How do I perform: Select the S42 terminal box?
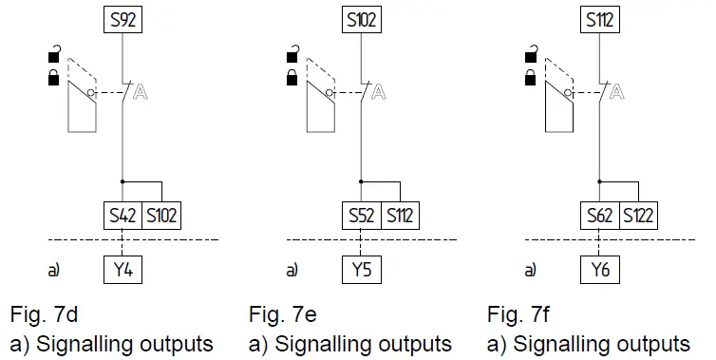(x=122, y=215)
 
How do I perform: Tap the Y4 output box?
(x=122, y=271)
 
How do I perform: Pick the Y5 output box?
(x=361, y=271)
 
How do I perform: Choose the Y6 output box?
(x=600, y=271)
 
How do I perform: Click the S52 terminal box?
(x=361, y=215)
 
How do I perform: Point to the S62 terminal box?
(x=600, y=215)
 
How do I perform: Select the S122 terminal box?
(x=638, y=215)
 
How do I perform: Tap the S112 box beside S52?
(x=399, y=215)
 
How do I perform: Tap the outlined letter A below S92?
(x=140, y=92)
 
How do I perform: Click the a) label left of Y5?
(x=292, y=271)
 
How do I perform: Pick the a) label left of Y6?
(x=531, y=271)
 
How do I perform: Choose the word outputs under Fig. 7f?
(x=655, y=343)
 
